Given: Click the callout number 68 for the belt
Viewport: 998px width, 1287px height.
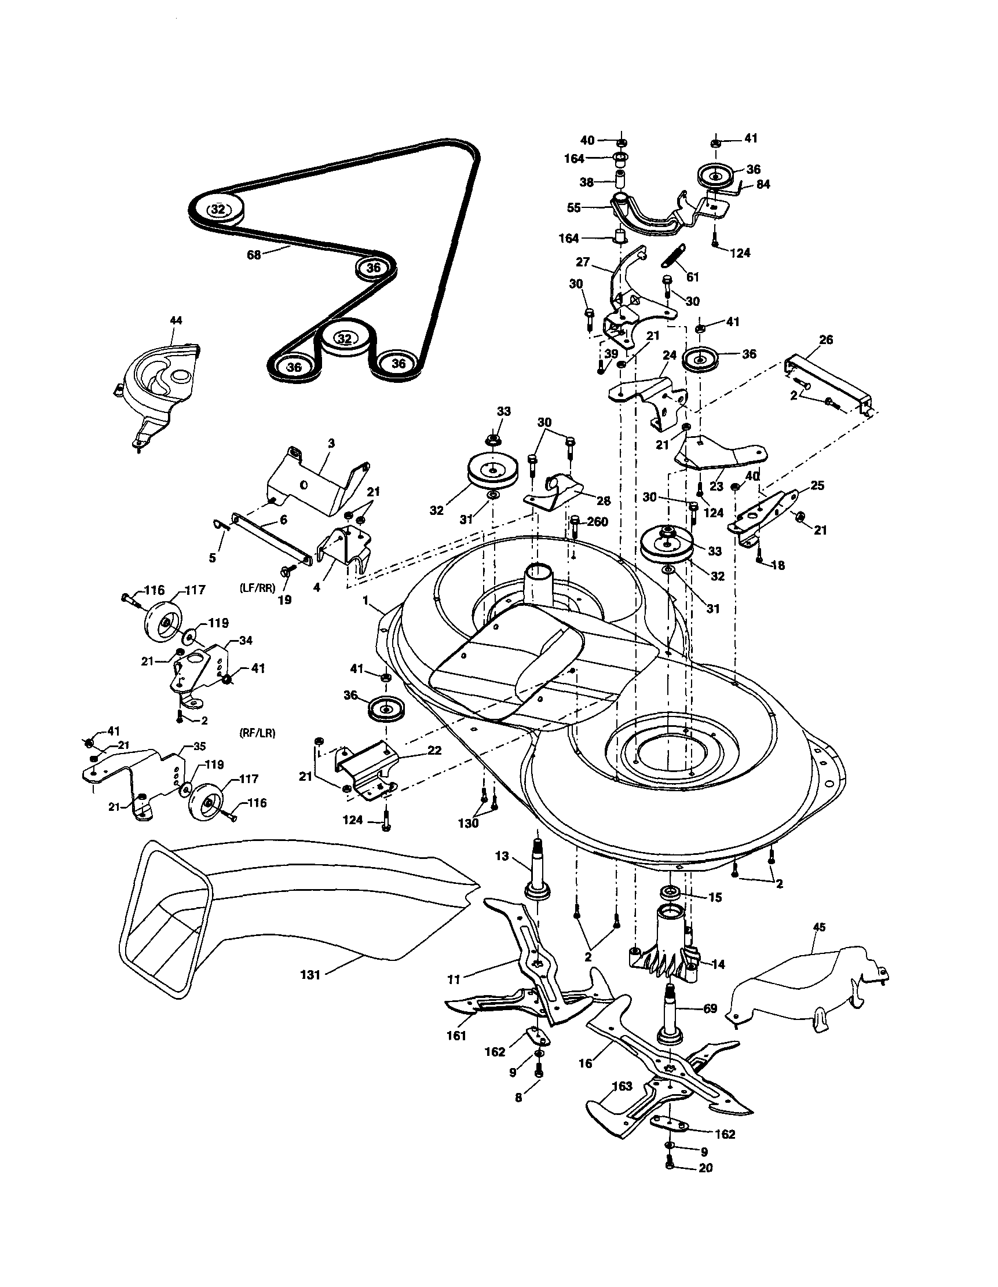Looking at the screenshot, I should point(253,256).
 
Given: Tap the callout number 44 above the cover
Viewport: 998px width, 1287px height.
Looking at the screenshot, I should point(176,320).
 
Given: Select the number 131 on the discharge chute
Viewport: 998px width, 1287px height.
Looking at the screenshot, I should point(310,975).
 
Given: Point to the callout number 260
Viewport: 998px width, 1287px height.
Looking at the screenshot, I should point(597,521).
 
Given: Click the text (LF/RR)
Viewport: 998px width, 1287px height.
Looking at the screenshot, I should point(258,587).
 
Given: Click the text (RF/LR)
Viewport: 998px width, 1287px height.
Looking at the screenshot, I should point(258,733).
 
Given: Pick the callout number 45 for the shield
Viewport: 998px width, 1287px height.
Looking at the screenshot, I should point(819,927).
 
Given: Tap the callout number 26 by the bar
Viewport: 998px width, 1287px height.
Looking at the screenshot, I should point(826,340).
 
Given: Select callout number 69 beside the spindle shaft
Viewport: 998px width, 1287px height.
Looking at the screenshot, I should point(710,1008).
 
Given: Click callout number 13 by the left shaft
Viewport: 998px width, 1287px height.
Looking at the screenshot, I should point(502,856).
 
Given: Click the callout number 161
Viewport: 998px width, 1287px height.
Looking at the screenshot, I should point(456,1036).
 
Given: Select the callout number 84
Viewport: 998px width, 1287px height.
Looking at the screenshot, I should point(763,184).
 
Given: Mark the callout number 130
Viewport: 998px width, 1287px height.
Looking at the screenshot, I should point(469,823).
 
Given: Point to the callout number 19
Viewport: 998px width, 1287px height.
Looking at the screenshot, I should point(284,601).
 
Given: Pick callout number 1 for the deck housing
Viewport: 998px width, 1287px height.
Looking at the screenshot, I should point(366,601).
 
